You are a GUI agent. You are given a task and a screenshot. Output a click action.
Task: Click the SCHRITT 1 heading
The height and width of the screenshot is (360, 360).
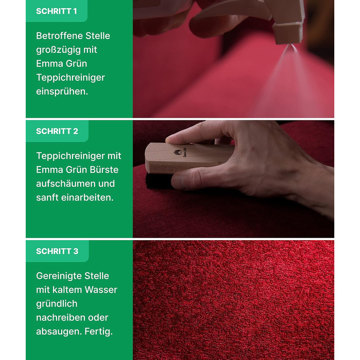pyautogui.click(x=57, y=11)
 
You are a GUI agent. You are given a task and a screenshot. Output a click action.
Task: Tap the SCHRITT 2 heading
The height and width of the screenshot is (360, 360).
pyautogui.click(x=57, y=131)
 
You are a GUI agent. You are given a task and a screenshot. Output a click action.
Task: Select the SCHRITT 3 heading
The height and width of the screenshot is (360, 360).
pyautogui.click(x=57, y=251)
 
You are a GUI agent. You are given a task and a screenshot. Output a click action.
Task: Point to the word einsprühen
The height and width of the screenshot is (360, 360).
pyautogui.click(x=62, y=92)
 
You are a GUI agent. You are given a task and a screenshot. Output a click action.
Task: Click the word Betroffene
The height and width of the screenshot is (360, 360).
pyautogui.click(x=59, y=36)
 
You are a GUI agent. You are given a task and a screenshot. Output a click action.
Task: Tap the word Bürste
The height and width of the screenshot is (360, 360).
pyautogui.click(x=104, y=170)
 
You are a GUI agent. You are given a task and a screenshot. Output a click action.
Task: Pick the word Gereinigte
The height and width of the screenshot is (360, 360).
pyautogui.click(x=59, y=276)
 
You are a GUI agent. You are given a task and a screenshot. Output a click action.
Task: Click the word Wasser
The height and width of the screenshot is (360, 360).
pyautogui.click(x=101, y=290)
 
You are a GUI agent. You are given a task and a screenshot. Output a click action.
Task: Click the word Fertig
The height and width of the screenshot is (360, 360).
pyautogui.click(x=99, y=332)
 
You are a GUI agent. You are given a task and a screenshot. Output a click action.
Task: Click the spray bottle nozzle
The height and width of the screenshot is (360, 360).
pyautogui.click(x=287, y=34)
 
